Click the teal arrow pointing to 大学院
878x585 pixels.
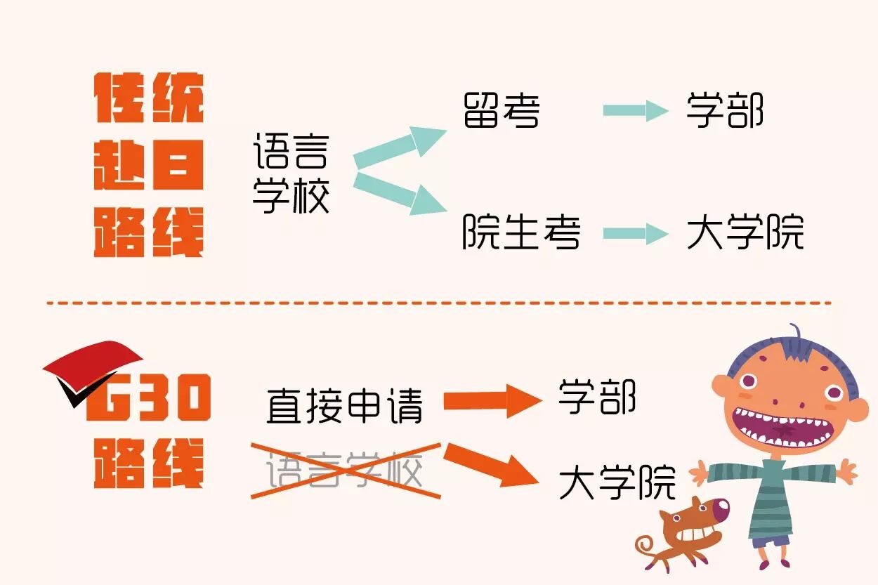(x=635, y=234)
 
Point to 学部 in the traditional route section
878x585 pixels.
(x=725, y=111)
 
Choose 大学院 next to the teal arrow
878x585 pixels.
(x=745, y=232)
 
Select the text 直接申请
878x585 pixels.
(x=345, y=405)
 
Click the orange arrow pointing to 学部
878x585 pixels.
(x=492, y=402)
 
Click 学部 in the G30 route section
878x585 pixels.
(x=597, y=397)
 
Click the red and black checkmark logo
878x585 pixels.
(x=88, y=369)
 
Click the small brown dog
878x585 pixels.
(x=685, y=530)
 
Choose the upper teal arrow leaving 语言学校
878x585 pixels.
(x=400, y=146)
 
